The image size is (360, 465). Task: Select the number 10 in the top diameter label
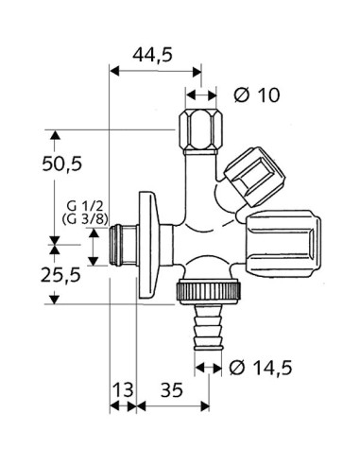(x=267, y=95)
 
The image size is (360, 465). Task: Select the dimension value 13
(x=123, y=387)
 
